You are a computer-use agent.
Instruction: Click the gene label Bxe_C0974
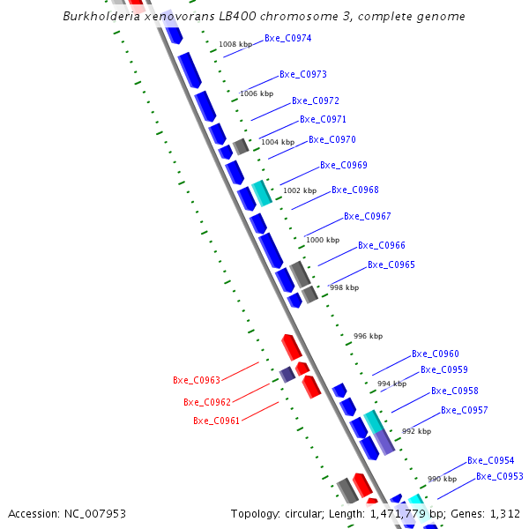coord(287,39)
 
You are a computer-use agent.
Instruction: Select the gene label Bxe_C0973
coord(303,75)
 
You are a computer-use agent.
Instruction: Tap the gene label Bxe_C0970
coord(332,140)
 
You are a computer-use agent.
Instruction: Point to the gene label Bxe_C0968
coord(355,190)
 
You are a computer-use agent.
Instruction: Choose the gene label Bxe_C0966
coord(382,246)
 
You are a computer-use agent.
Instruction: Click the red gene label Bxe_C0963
coord(197,381)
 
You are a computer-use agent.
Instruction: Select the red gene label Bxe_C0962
coord(207,403)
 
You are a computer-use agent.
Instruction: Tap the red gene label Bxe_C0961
coord(217,421)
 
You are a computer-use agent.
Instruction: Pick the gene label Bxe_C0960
coord(436,354)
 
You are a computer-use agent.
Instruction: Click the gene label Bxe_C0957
coord(465,411)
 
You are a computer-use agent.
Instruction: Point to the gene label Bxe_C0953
coord(500,477)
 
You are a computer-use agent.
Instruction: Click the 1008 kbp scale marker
coord(235,44)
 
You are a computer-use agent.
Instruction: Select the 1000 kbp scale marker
coord(322,240)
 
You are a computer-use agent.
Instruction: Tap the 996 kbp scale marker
coord(368,336)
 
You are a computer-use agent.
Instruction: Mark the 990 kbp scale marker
coord(442,479)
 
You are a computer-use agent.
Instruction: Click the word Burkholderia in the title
coord(101,17)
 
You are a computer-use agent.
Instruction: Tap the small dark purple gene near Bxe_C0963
coord(287,375)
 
